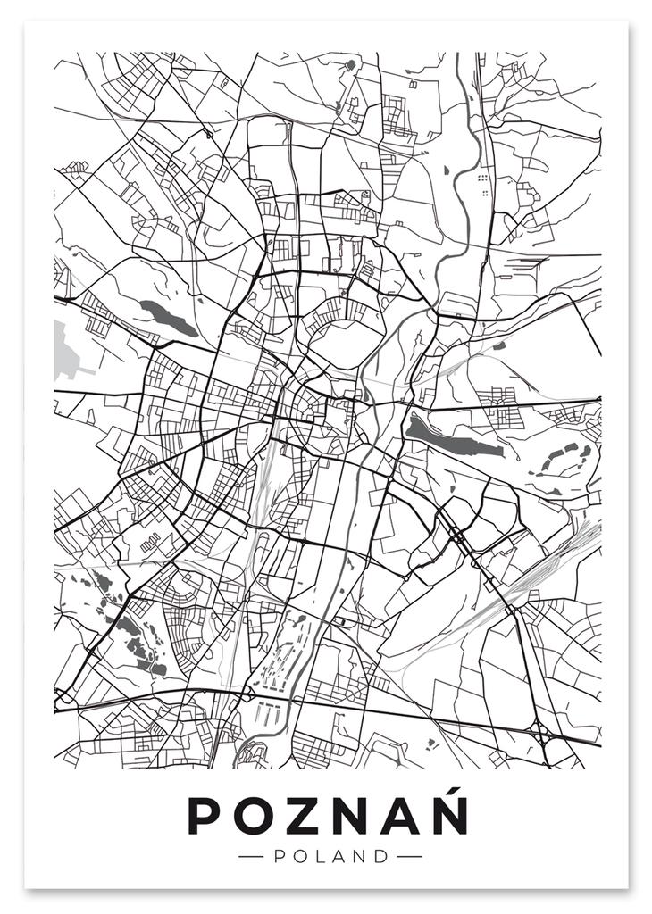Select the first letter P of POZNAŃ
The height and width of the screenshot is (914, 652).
[206, 815]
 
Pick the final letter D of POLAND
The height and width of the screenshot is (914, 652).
[382, 856]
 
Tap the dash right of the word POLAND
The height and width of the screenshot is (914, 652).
[408, 856]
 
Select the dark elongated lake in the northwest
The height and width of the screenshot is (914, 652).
[168, 317]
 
